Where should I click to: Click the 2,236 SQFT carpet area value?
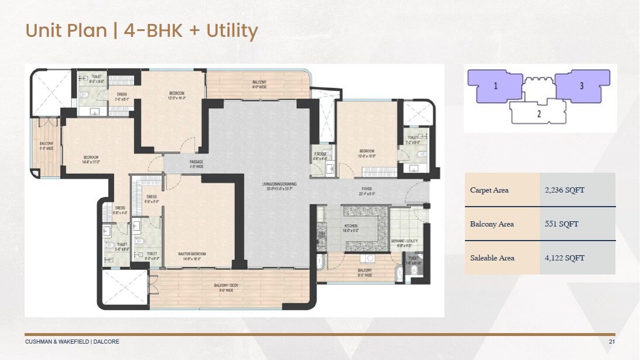(x=564, y=190)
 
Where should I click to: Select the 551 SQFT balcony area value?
(x=561, y=224)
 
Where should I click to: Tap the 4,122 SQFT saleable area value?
(x=564, y=258)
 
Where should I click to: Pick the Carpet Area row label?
(x=489, y=190)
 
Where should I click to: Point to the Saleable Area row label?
(x=491, y=258)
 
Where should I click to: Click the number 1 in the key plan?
(x=495, y=86)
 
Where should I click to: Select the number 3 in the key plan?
(x=581, y=86)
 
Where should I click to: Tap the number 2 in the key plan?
(x=539, y=114)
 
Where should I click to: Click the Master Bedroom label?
(x=192, y=254)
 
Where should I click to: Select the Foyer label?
(x=367, y=189)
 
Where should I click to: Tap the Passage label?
(x=196, y=161)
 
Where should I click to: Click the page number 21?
(x=612, y=342)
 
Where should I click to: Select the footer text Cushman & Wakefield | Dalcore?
(x=72, y=342)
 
